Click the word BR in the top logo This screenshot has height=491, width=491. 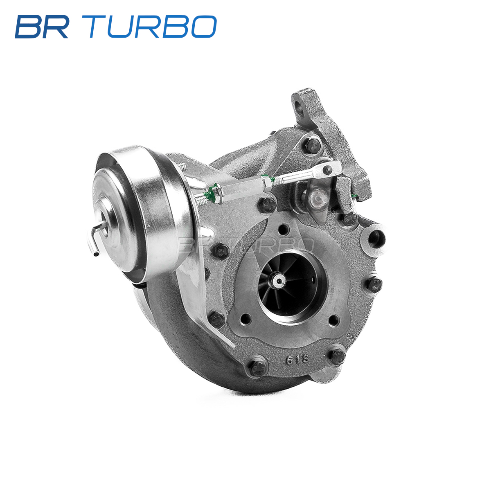pyautogui.click(x=42, y=27)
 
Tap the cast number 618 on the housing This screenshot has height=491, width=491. pyautogui.click(x=297, y=360)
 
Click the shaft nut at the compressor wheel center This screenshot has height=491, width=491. pyautogui.click(x=279, y=281)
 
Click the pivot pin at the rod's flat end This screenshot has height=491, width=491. pyautogui.click(x=328, y=169)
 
